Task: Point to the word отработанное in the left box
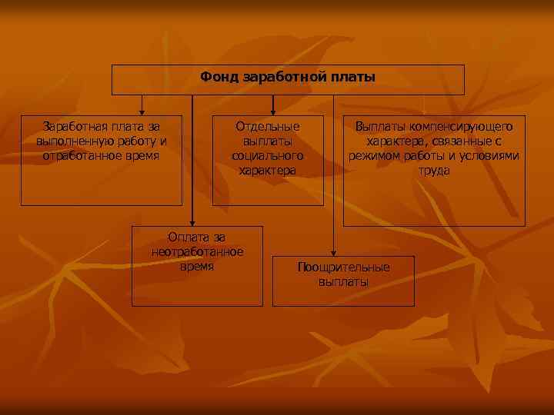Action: point(81,155)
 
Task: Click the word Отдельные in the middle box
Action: point(268,126)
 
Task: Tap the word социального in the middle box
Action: point(268,155)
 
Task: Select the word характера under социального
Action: point(268,170)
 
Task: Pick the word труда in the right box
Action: point(434,170)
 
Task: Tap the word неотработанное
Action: point(198,252)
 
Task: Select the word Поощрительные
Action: point(344,267)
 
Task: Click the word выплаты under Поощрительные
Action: point(344,281)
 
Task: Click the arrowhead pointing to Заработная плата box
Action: point(142,111)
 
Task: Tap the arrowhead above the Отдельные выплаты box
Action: point(272,111)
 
